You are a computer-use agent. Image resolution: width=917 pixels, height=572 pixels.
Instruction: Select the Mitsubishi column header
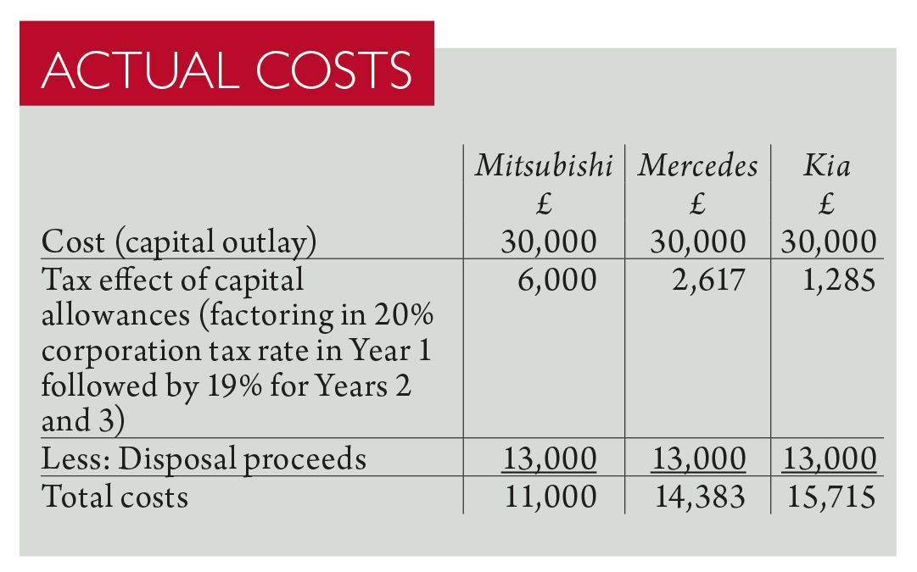tap(543, 165)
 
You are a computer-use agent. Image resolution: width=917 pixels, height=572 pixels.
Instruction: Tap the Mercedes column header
tap(697, 165)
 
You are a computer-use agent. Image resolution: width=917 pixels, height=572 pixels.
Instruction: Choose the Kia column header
tap(826, 165)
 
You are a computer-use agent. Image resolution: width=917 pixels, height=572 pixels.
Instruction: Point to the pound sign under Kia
tap(827, 204)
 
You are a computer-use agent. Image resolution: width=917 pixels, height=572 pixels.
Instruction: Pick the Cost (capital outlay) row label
tap(179, 242)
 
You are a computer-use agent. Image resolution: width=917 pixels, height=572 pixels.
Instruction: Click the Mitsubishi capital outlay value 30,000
tap(548, 242)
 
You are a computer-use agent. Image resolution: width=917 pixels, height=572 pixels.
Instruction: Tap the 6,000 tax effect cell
tap(556, 279)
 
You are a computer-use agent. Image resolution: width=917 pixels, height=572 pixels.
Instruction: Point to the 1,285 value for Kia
tap(836, 279)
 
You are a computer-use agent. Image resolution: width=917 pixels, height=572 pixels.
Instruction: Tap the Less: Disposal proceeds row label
tap(204, 458)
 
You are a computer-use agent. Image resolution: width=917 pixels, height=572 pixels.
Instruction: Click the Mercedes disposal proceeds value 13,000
tap(698, 458)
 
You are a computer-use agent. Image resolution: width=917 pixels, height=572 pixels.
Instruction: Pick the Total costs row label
tap(115, 496)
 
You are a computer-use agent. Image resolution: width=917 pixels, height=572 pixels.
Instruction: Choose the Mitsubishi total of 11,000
tap(550, 496)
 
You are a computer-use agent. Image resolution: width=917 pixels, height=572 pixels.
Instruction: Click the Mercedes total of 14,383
tap(700, 496)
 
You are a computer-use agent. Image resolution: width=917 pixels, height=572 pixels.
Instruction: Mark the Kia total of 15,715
tap(829, 496)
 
